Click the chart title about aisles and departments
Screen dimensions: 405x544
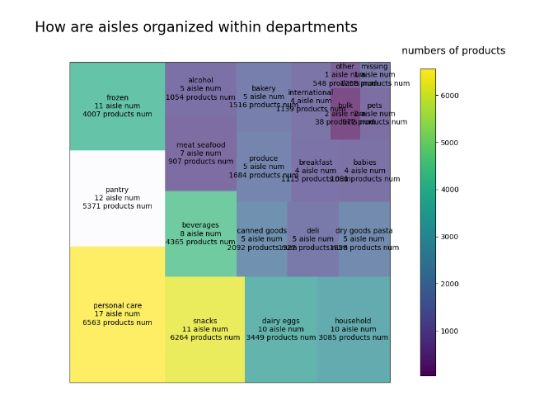pyautogui.click(x=196, y=27)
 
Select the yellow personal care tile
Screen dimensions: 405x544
pyautogui.click(x=117, y=314)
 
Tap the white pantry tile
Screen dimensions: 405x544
pyautogui.click(x=117, y=198)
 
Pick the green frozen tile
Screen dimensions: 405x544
pyautogui.click(x=117, y=106)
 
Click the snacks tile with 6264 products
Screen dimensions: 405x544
pyautogui.click(x=204, y=329)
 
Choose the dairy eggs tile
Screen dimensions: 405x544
pyautogui.click(x=280, y=329)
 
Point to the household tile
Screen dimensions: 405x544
pyautogui.click(x=353, y=329)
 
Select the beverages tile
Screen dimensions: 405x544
pyautogui.click(x=200, y=233)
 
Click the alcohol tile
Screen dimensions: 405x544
pyautogui.click(x=200, y=88)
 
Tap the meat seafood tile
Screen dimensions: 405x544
pyautogui.click(x=200, y=153)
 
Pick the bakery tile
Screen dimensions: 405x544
pyautogui.click(x=264, y=97)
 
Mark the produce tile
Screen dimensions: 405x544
pyautogui.click(x=264, y=167)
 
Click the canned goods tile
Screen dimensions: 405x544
pyautogui.click(x=262, y=239)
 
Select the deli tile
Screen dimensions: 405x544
pyautogui.click(x=312, y=239)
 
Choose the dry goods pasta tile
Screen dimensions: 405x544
pyautogui.click(x=364, y=239)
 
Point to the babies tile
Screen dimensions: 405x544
pyautogui.click(x=364, y=171)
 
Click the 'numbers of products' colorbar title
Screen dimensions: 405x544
pyautogui.click(x=453, y=51)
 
